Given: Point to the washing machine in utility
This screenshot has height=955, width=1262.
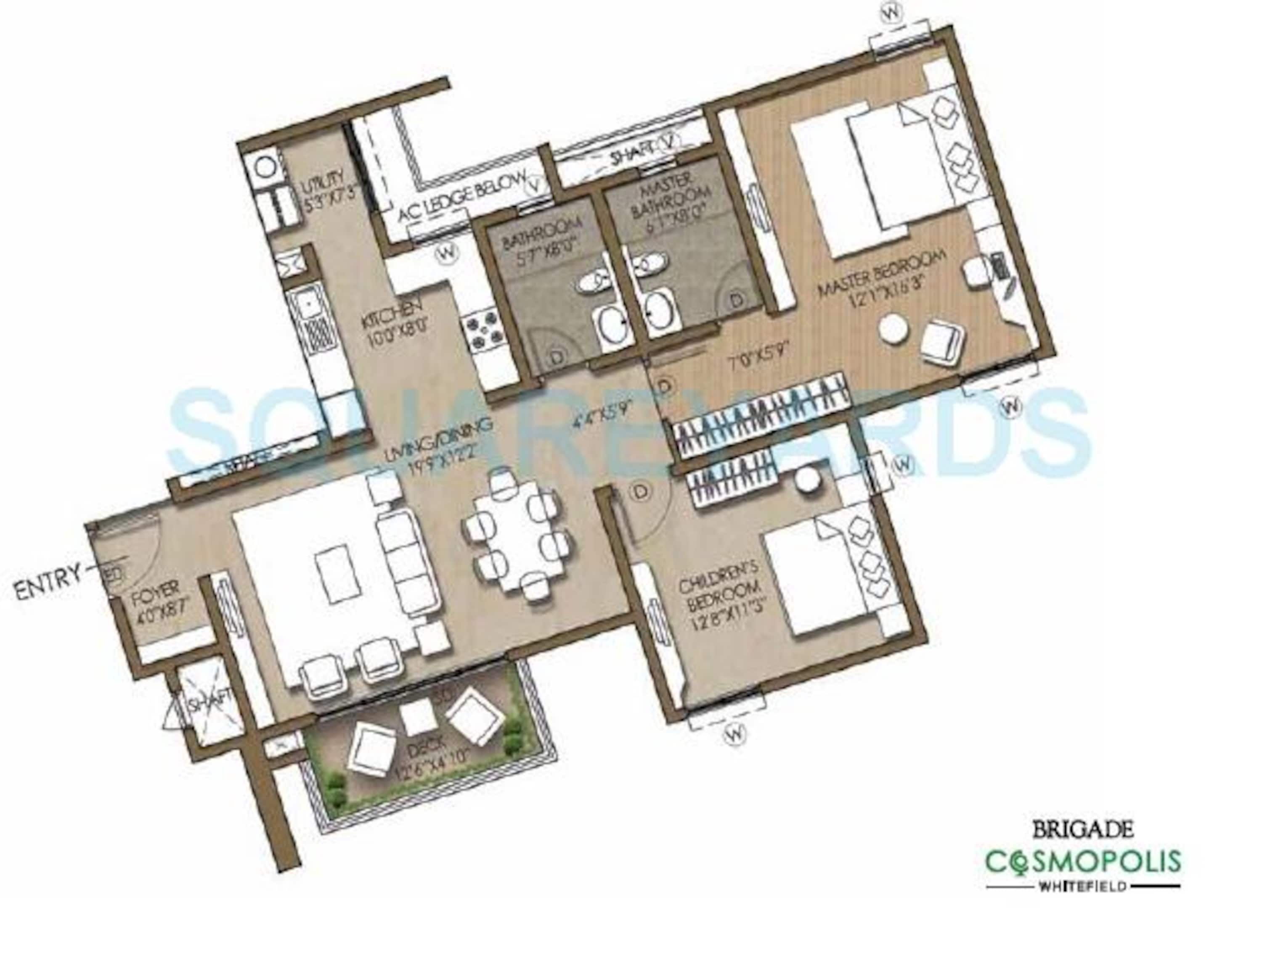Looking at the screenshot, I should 264,169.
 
